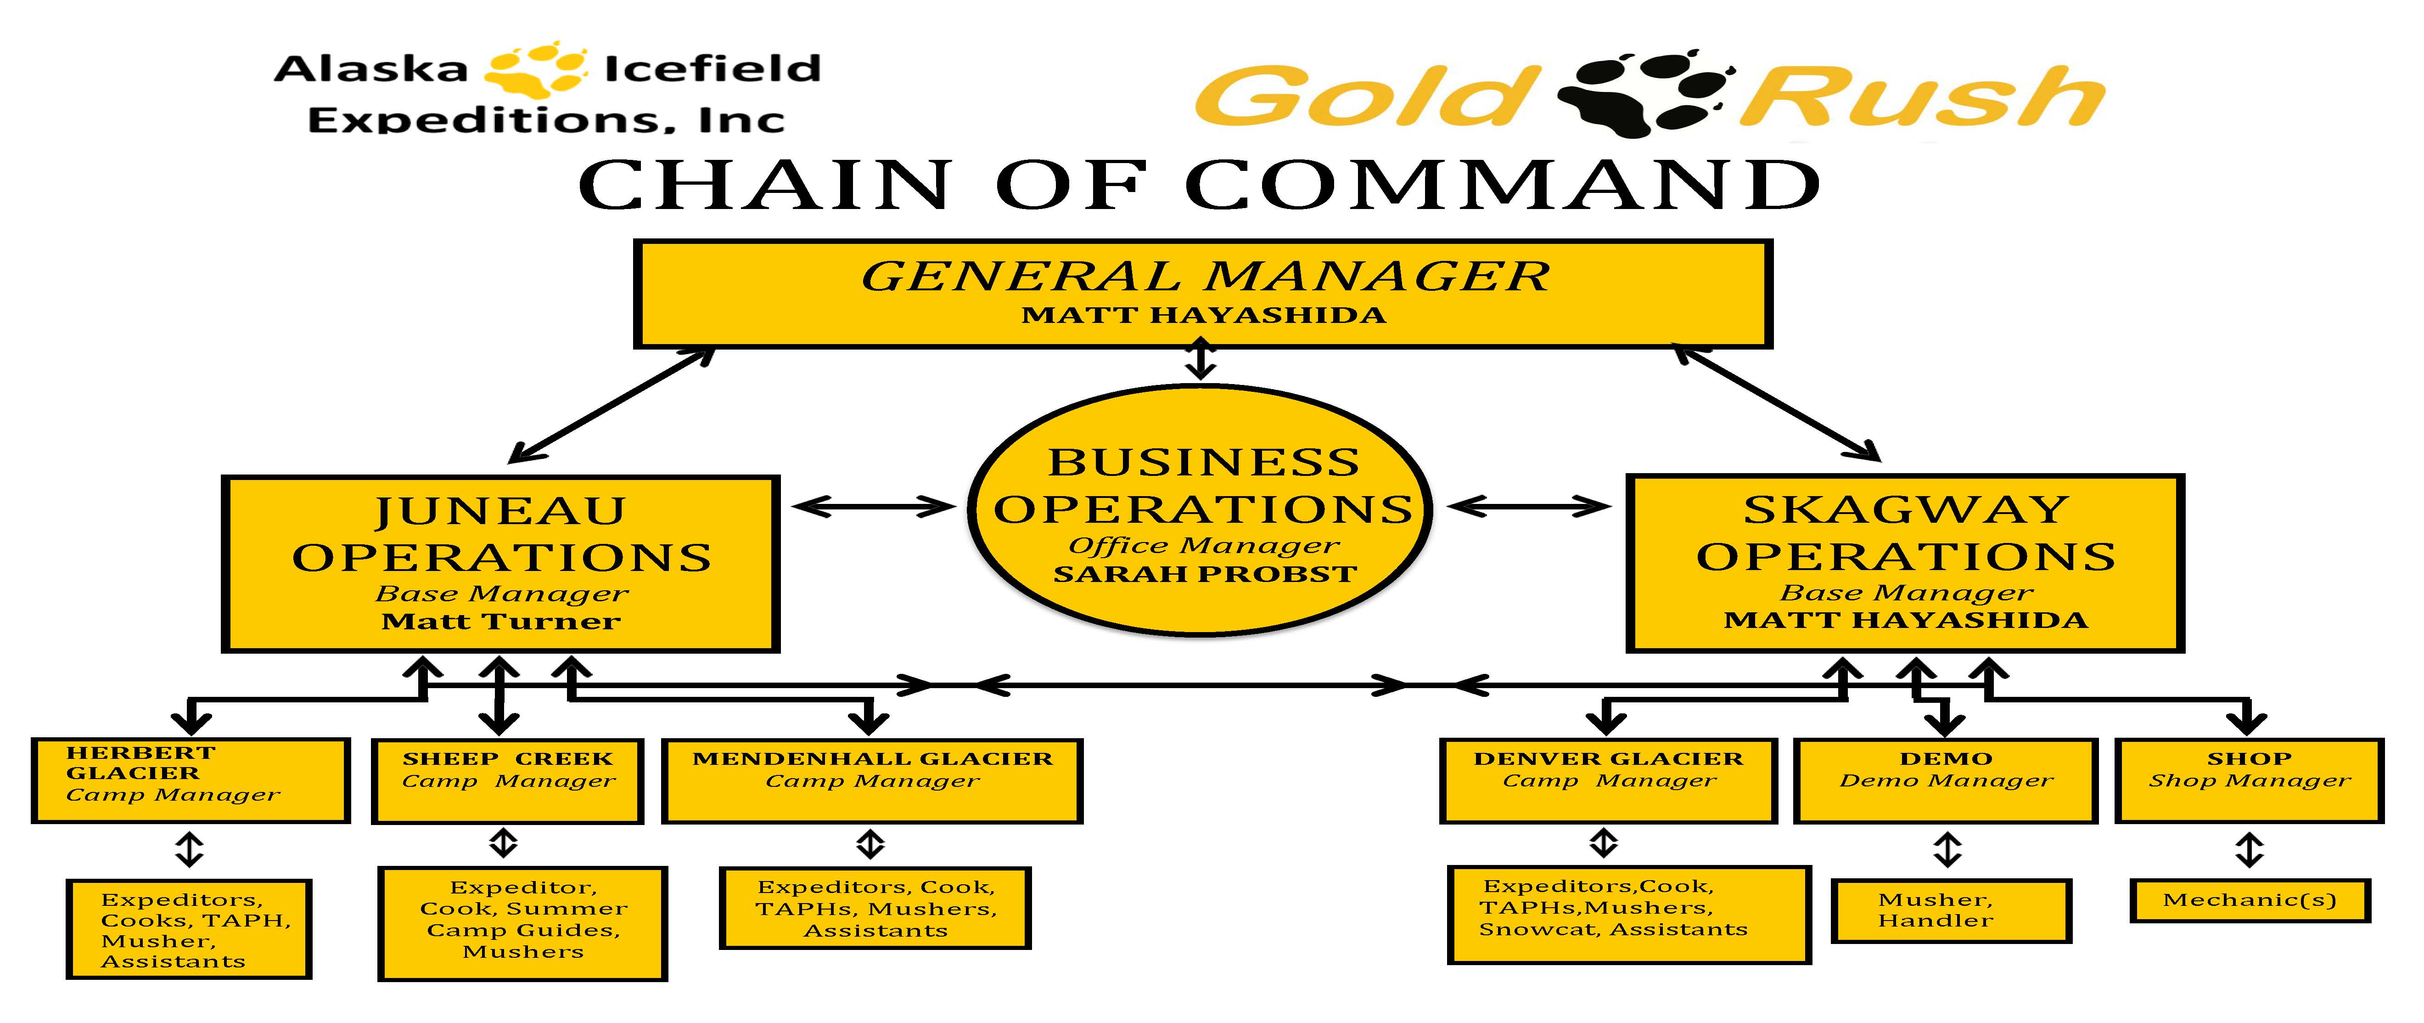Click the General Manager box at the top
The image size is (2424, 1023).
coord(1203,294)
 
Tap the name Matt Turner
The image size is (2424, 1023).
coord(500,621)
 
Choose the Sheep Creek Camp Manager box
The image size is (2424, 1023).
coord(507,781)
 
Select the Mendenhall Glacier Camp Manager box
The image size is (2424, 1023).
coord(872,781)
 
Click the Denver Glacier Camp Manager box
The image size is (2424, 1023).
coord(1608,781)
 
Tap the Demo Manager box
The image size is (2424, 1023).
coord(1946,781)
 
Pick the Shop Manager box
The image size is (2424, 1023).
coord(2249,781)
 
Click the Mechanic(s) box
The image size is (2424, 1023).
coord(2249,901)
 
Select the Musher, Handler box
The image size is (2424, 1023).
coord(1952,910)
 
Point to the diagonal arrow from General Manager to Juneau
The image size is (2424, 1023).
coord(612,406)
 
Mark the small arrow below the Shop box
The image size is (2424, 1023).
coord(2249,850)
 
